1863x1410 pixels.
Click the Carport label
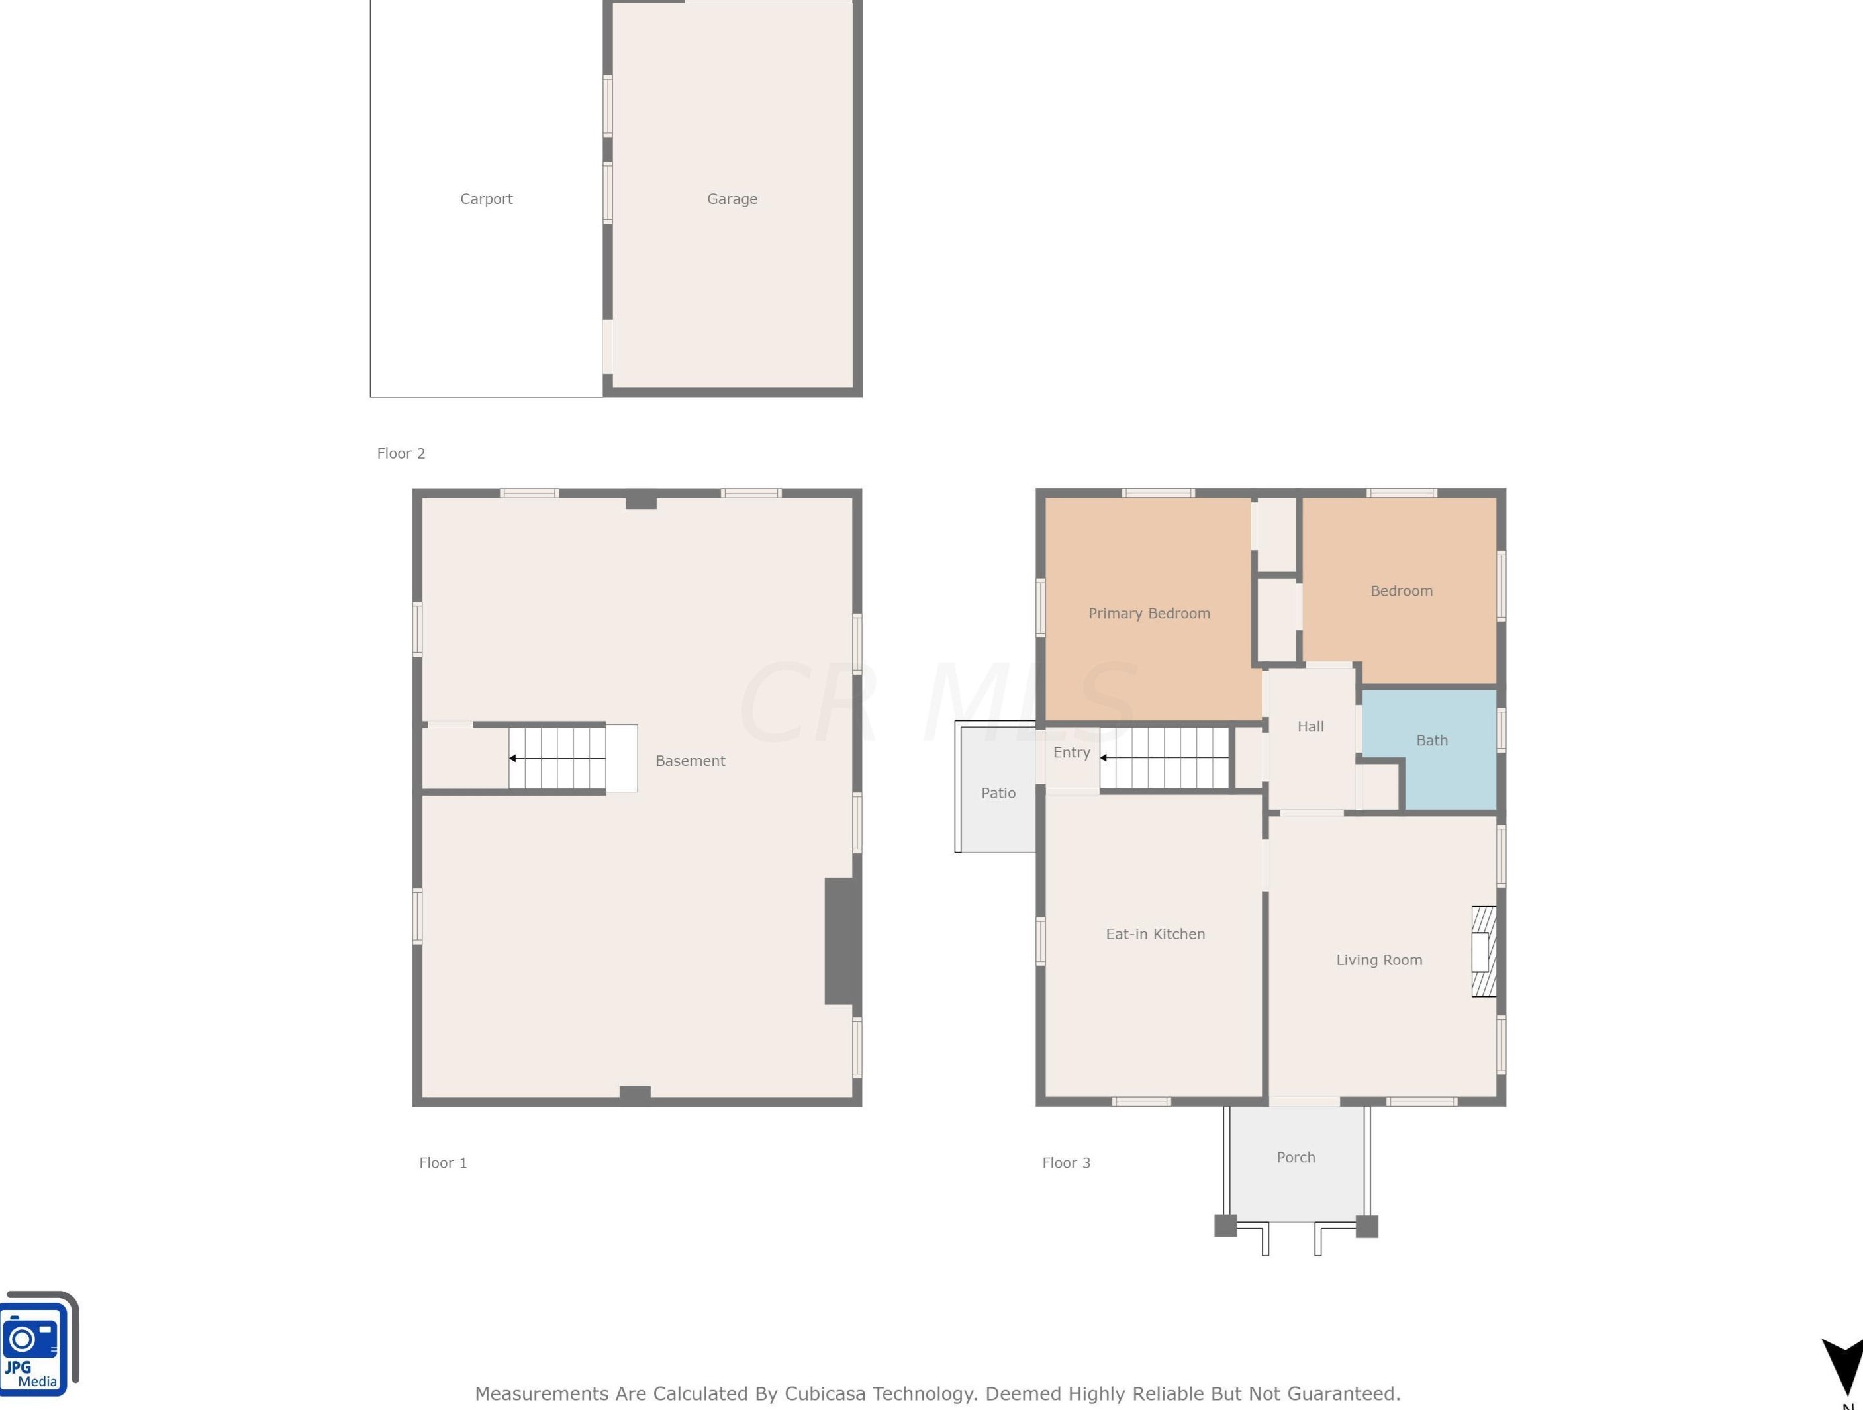tap(486, 199)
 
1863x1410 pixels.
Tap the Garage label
tap(732, 199)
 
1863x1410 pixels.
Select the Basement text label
tap(690, 761)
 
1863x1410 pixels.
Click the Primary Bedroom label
tap(1149, 613)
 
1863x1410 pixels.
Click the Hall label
tap(1310, 726)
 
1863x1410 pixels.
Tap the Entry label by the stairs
tap(1071, 752)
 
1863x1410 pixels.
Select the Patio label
tap(998, 792)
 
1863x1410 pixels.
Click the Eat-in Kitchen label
tap(1155, 933)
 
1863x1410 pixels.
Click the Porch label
tap(1296, 1157)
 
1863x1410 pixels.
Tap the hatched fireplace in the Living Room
tap(1483, 951)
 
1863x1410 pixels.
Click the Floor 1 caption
tap(443, 1162)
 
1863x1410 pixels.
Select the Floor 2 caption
tap(401, 453)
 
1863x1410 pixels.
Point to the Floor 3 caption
tap(1067, 1162)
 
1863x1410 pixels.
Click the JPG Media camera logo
tap(39, 1342)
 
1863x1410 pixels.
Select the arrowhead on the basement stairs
tap(512, 758)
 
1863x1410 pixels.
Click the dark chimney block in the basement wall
tap(839, 941)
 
